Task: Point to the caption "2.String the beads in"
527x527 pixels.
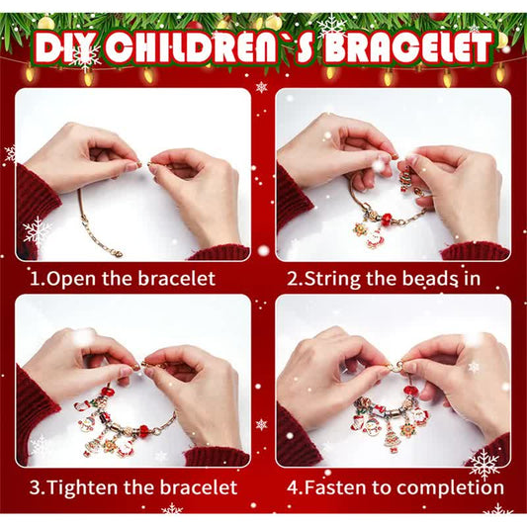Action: tap(384, 278)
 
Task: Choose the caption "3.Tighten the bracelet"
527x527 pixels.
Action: tap(132, 487)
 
